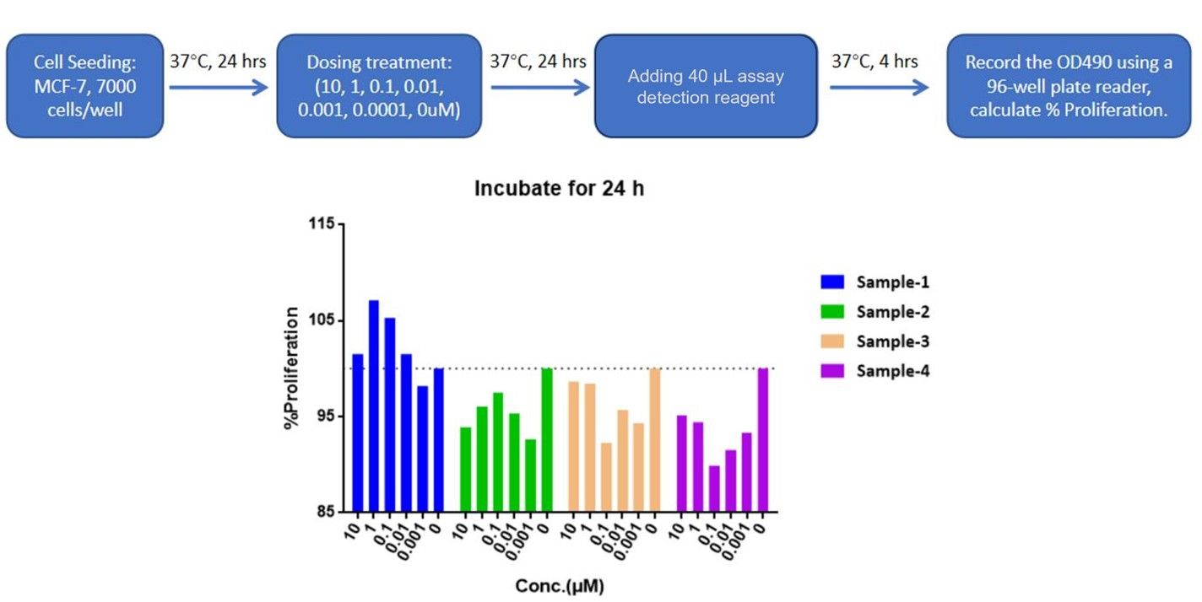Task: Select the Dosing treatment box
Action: coord(380,85)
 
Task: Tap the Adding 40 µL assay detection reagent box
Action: coord(706,85)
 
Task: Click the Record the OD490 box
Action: coord(1068,85)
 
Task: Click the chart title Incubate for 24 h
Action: coord(558,188)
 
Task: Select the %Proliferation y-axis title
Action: coord(292,368)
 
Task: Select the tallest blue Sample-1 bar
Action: coord(374,406)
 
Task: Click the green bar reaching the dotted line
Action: coord(547,439)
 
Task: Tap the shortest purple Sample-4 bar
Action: coord(714,488)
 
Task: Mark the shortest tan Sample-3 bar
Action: coord(606,476)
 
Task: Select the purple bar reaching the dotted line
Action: coord(763,439)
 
